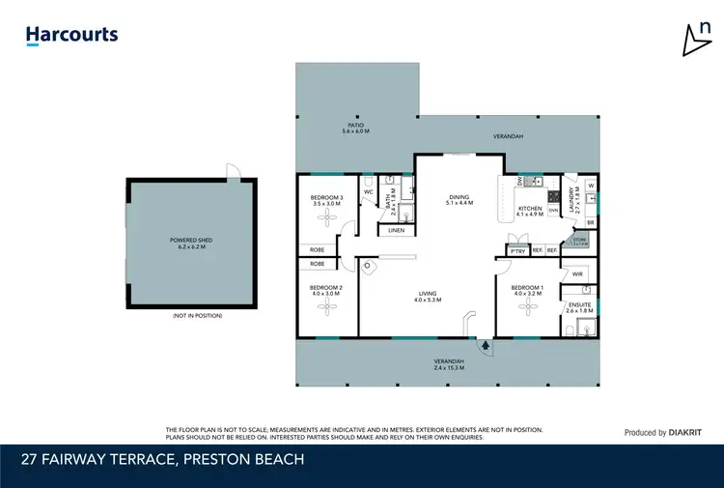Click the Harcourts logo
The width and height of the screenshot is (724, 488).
point(72,36)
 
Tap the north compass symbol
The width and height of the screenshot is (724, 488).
point(693,39)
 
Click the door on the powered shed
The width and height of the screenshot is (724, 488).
point(232,171)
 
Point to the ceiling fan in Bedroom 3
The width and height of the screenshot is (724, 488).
point(330,220)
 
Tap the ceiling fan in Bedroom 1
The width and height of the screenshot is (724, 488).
point(528,305)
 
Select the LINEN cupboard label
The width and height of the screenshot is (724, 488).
point(396,231)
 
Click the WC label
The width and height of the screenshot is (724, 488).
point(368,192)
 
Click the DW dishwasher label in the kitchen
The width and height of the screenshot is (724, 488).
point(520,181)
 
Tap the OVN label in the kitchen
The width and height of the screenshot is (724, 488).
point(553,210)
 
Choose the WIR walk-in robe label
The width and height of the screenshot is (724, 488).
point(577,273)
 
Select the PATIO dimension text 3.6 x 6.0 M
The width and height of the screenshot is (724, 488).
point(355,130)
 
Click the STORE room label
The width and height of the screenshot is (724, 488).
point(579,240)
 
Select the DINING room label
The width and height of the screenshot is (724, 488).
point(459,197)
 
